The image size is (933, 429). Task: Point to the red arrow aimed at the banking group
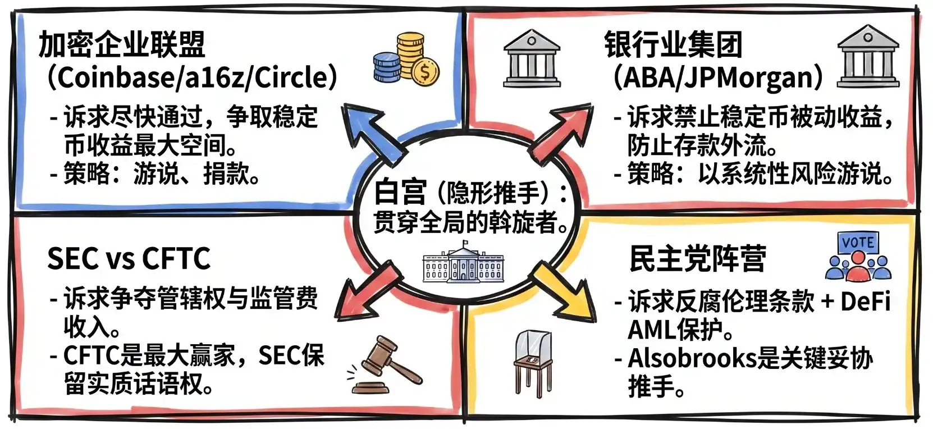point(561,133)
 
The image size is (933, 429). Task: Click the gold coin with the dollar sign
point(425,72)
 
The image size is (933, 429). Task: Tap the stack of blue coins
point(387,66)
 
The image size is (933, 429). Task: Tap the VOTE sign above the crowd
point(858,243)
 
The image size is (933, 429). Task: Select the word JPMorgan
point(754,77)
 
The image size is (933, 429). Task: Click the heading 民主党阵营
point(697,259)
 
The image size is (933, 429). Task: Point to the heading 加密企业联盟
point(122,45)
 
